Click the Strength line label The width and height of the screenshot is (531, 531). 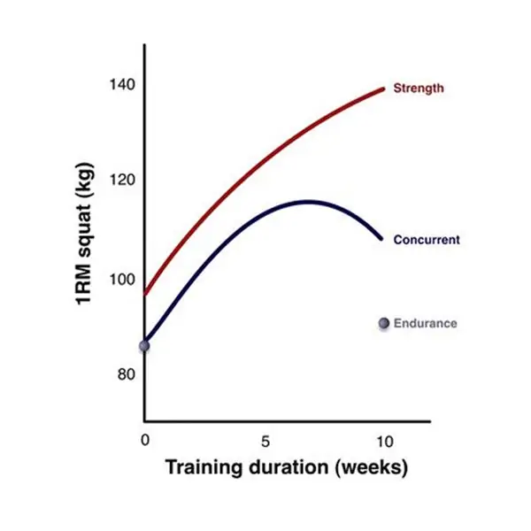point(419,88)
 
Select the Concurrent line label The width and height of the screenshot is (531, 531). point(427,240)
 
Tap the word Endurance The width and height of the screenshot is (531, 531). point(426,323)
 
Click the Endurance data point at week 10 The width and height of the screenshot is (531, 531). point(384,324)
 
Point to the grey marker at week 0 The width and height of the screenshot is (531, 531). point(144,345)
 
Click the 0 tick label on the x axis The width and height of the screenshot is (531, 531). point(145,440)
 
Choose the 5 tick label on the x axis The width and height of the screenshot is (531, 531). point(265,440)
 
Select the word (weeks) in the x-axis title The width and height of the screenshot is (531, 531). point(371,467)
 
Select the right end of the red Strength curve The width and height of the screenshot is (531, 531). point(384,88)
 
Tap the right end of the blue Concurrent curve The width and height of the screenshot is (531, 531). point(381,238)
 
